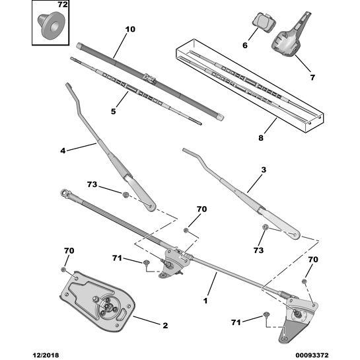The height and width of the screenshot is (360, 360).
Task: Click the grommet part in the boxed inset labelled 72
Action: tap(51, 25)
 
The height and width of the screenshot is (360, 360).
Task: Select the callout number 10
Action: tap(130, 29)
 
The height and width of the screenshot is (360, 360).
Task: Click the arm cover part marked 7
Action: tap(291, 36)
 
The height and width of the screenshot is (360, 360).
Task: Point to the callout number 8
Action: tap(261, 138)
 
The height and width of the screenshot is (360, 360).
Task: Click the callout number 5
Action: tap(113, 112)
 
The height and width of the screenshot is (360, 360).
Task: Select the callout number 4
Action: tap(63, 151)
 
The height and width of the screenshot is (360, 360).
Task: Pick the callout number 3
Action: tap(264, 170)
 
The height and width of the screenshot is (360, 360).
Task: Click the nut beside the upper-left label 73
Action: tap(125, 195)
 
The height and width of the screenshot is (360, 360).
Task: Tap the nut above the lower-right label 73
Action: tap(266, 227)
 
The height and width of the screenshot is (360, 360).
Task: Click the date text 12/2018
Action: tap(46, 355)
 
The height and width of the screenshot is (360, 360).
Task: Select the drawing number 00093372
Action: tap(312, 355)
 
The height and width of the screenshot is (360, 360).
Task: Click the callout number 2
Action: tap(165, 326)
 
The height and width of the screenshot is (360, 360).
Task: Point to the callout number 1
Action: tap(205, 301)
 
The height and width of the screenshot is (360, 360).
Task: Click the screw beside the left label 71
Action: tap(146, 262)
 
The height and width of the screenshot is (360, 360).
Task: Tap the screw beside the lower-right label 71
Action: tap(266, 314)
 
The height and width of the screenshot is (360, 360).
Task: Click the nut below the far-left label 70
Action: tap(63, 269)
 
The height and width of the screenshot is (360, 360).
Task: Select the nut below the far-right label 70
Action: tap(304, 281)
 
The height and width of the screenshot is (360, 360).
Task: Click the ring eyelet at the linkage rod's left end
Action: tap(64, 192)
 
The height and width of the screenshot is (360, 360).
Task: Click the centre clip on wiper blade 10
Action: tap(150, 79)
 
